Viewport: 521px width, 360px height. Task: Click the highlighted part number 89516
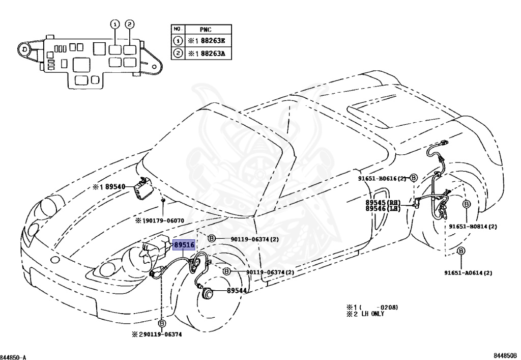(x=184, y=245)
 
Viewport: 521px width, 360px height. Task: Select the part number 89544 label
(x=237, y=291)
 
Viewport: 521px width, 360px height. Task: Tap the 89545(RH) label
(x=383, y=202)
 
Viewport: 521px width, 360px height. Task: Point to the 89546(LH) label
(x=383, y=209)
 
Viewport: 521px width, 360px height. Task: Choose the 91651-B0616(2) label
(x=382, y=178)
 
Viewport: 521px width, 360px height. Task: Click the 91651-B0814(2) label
(x=473, y=226)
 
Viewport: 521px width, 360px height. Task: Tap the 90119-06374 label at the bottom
(x=161, y=335)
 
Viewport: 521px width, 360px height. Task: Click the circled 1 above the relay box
(x=115, y=24)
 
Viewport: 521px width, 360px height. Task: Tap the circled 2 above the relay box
(x=130, y=24)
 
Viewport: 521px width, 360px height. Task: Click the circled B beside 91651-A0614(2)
(x=460, y=251)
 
